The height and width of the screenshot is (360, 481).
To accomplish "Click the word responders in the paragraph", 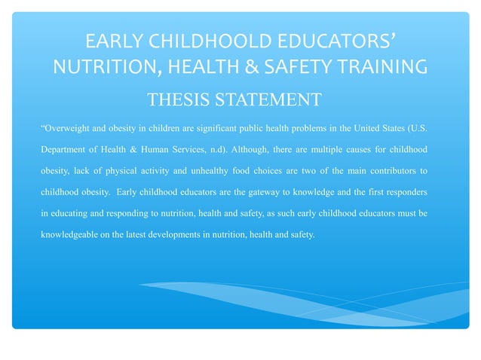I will click(403, 191).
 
